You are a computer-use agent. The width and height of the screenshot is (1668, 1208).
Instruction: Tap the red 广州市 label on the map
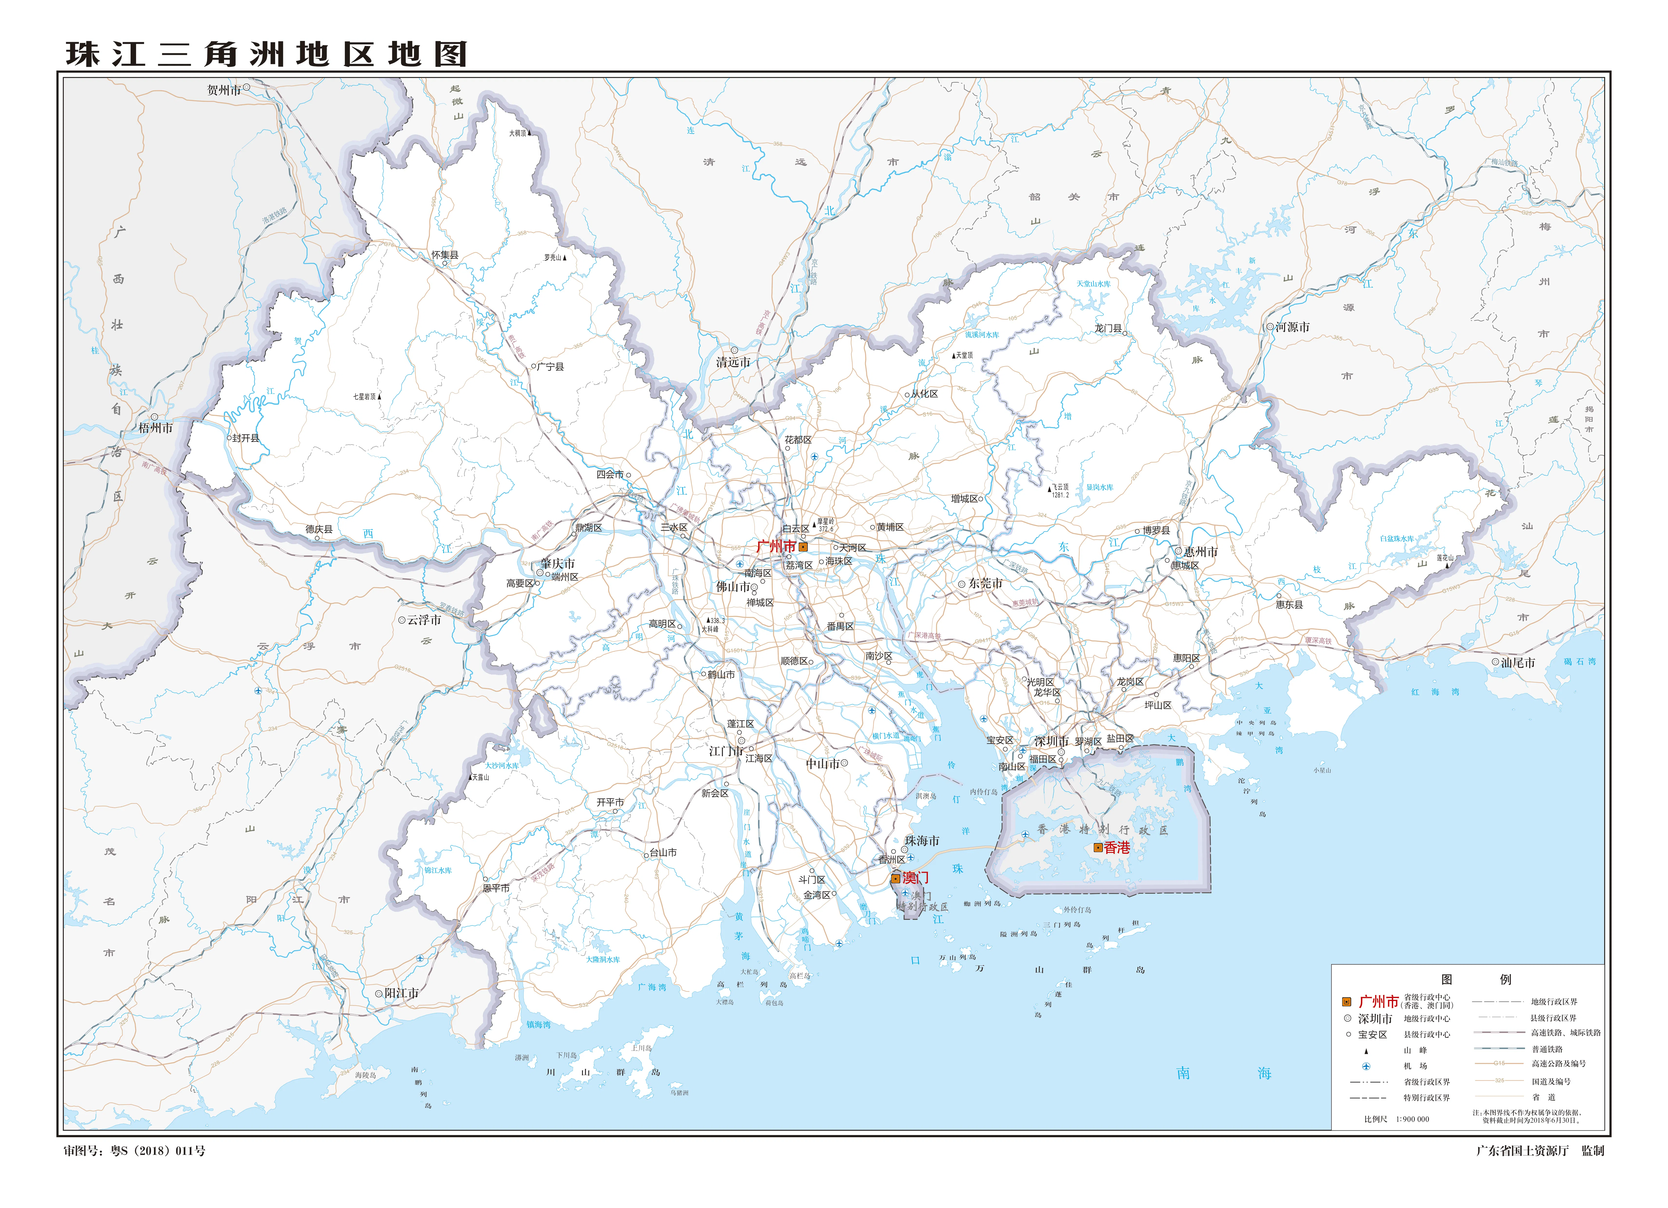tap(776, 547)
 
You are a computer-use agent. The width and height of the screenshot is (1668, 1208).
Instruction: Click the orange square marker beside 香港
tap(1098, 848)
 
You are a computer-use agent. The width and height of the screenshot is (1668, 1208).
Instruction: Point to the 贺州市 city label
tap(224, 91)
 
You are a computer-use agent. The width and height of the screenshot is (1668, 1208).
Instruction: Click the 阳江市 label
tap(401, 993)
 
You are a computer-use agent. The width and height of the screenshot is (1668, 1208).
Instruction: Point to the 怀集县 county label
tap(445, 255)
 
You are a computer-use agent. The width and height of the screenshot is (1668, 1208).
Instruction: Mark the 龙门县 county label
tap(1108, 329)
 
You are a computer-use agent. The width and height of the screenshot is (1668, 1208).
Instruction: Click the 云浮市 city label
tap(424, 620)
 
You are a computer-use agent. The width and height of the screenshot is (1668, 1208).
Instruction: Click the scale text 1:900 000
tap(1412, 1119)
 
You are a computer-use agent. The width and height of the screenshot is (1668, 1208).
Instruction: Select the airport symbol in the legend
tap(1367, 1066)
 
